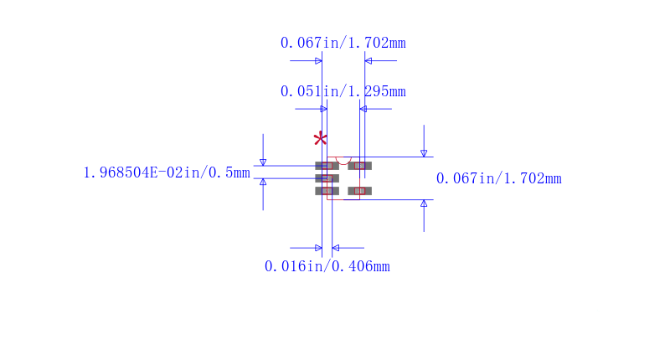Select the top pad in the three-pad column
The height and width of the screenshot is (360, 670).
pos(327,166)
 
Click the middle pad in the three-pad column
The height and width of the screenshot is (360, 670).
pos(327,178)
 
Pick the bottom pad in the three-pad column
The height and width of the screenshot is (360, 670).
pos(327,191)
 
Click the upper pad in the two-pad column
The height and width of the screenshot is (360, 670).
pos(359,166)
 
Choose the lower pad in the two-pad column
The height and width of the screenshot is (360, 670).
pos(359,191)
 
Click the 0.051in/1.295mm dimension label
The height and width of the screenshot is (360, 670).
pos(343,91)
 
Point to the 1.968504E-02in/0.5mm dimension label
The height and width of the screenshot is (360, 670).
pos(167,173)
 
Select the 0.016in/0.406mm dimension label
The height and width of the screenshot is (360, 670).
pos(327,267)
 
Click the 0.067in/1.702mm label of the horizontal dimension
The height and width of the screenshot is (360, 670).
pos(343,44)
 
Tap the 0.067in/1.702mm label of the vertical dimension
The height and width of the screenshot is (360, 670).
pos(498,178)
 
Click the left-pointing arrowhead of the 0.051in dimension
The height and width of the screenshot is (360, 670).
pos(363,109)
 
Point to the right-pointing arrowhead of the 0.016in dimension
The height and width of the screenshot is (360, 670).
pos(318,248)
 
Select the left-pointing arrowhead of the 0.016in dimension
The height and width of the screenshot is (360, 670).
pos(336,248)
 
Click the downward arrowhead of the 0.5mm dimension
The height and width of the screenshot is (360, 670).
pos(263,162)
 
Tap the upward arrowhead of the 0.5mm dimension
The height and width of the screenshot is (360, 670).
pos(263,182)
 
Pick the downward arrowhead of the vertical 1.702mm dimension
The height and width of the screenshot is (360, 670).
pos(424,153)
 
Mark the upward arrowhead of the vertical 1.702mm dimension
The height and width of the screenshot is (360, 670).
pos(424,203)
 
